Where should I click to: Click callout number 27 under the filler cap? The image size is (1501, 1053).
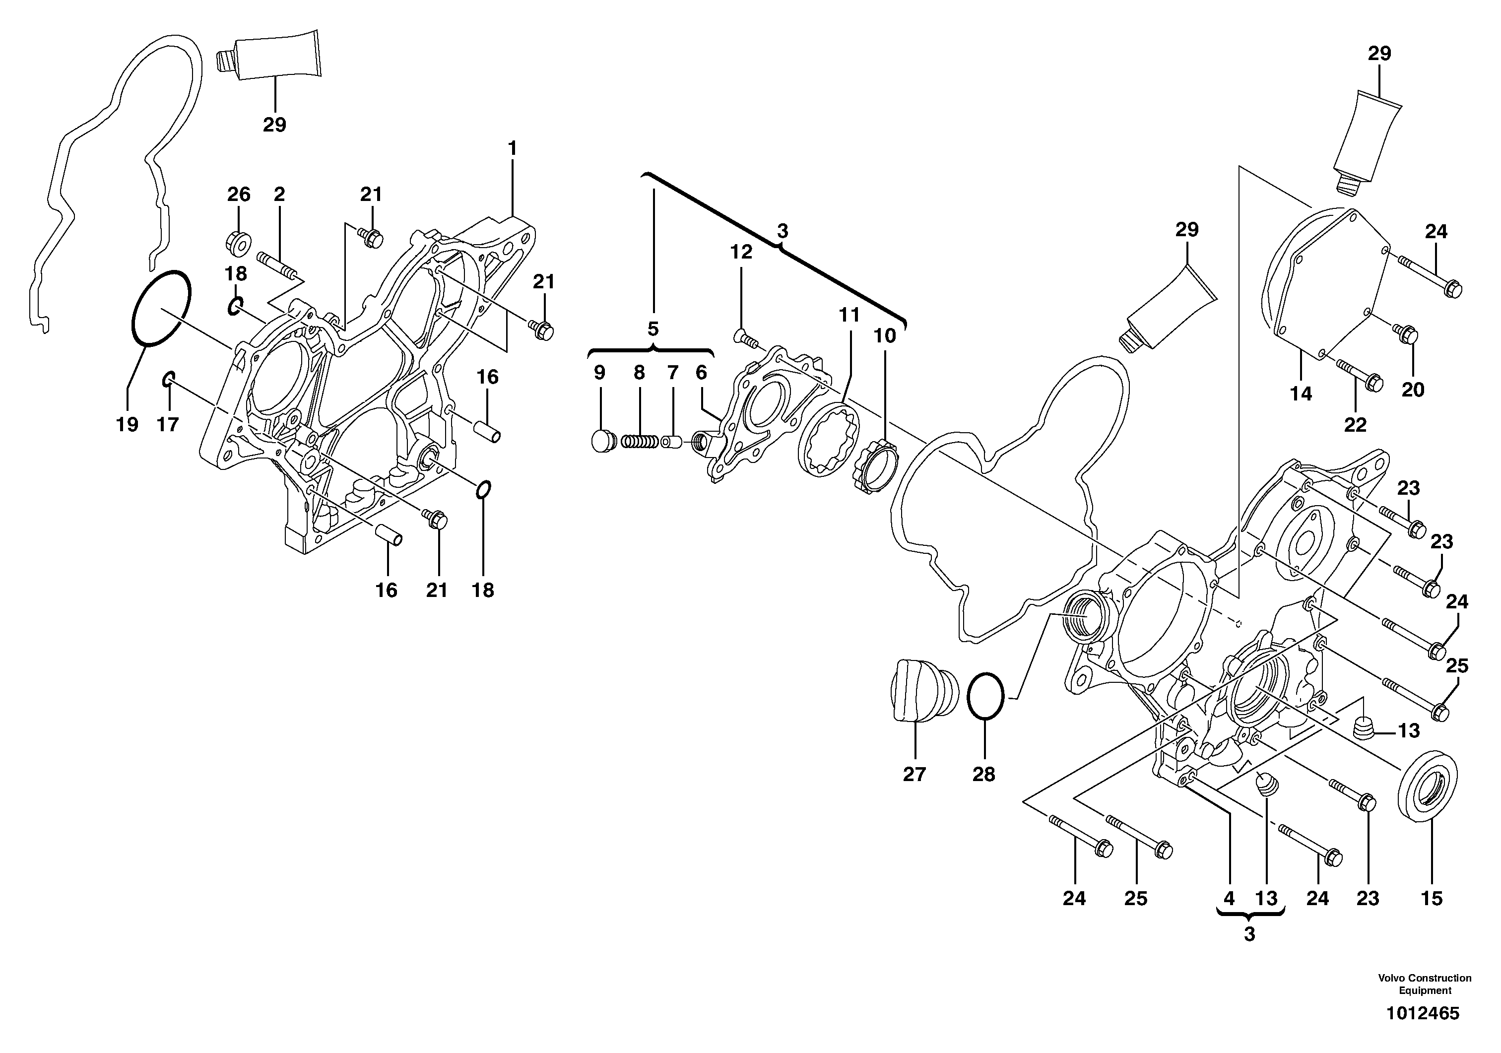click(x=914, y=774)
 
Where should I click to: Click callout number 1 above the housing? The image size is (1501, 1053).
click(x=512, y=149)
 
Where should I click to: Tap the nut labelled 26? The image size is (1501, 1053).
click(x=239, y=242)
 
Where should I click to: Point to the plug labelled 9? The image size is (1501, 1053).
click(x=603, y=441)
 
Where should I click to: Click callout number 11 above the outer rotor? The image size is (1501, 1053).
click(x=848, y=316)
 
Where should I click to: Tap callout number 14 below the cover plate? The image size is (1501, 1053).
click(x=1301, y=394)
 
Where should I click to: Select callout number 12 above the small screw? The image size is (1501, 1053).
click(x=741, y=252)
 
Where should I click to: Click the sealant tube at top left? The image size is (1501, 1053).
click(x=269, y=56)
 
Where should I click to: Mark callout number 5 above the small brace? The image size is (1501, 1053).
click(x=653, y=329)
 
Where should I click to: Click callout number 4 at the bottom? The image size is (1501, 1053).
click(x=1229, y=899)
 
